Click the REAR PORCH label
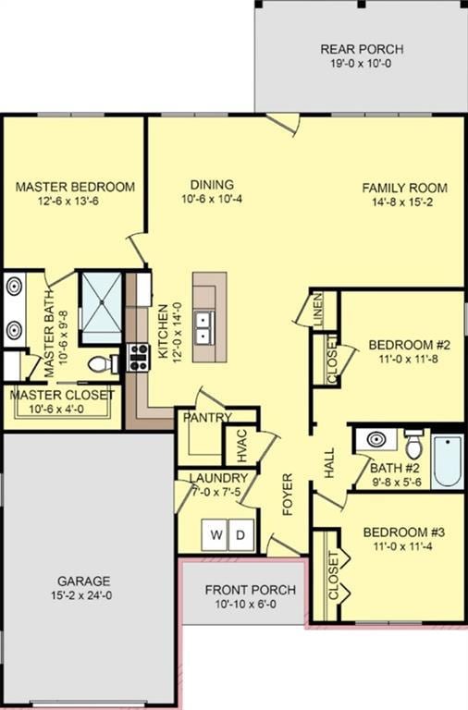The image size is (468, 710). point(362,49)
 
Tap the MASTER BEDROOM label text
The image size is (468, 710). point(75,187)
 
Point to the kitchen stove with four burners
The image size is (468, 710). point(138,357)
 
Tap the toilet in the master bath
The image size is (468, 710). point(102,364)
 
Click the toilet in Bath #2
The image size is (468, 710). point(413,446)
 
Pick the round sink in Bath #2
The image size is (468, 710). point(376,439)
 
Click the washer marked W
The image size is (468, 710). point(216,534)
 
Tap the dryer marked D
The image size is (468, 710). point(240,534)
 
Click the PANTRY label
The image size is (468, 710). point(206,418)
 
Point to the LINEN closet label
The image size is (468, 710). point(317,308)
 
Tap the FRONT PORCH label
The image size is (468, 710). point(250,590)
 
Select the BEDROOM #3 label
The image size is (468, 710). point(403,532)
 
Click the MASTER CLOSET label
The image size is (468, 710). point(63,395)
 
